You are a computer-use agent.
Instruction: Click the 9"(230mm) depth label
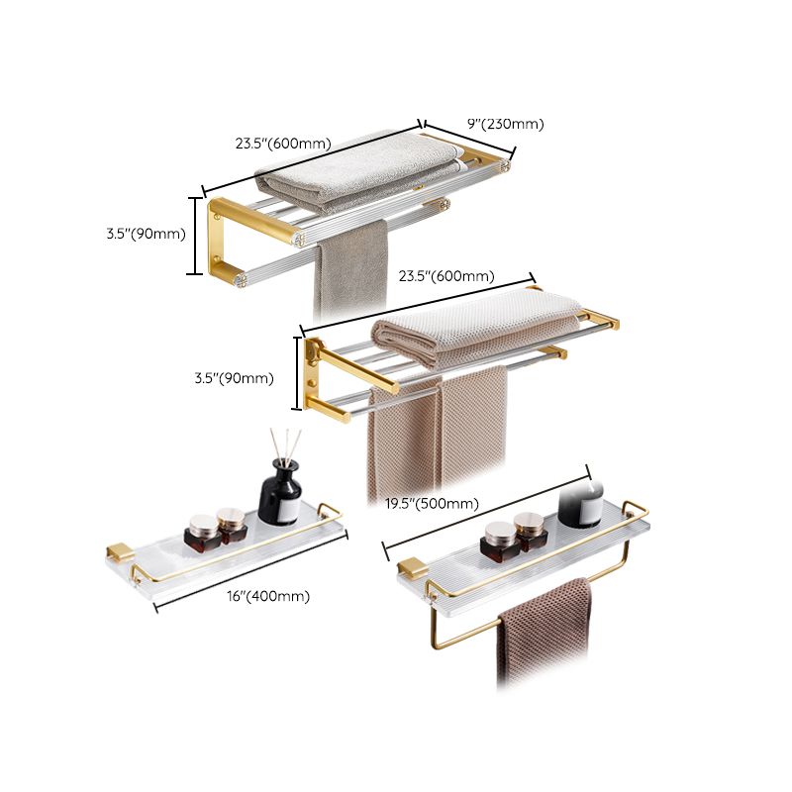point(505,124)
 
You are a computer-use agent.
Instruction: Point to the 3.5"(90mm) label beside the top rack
point(146,234)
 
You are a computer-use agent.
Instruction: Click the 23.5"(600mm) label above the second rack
point(446,276)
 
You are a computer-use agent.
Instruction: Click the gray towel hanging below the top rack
point(350,267)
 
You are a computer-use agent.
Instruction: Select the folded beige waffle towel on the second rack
point(475,322)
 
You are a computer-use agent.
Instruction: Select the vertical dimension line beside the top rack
point(195,235)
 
